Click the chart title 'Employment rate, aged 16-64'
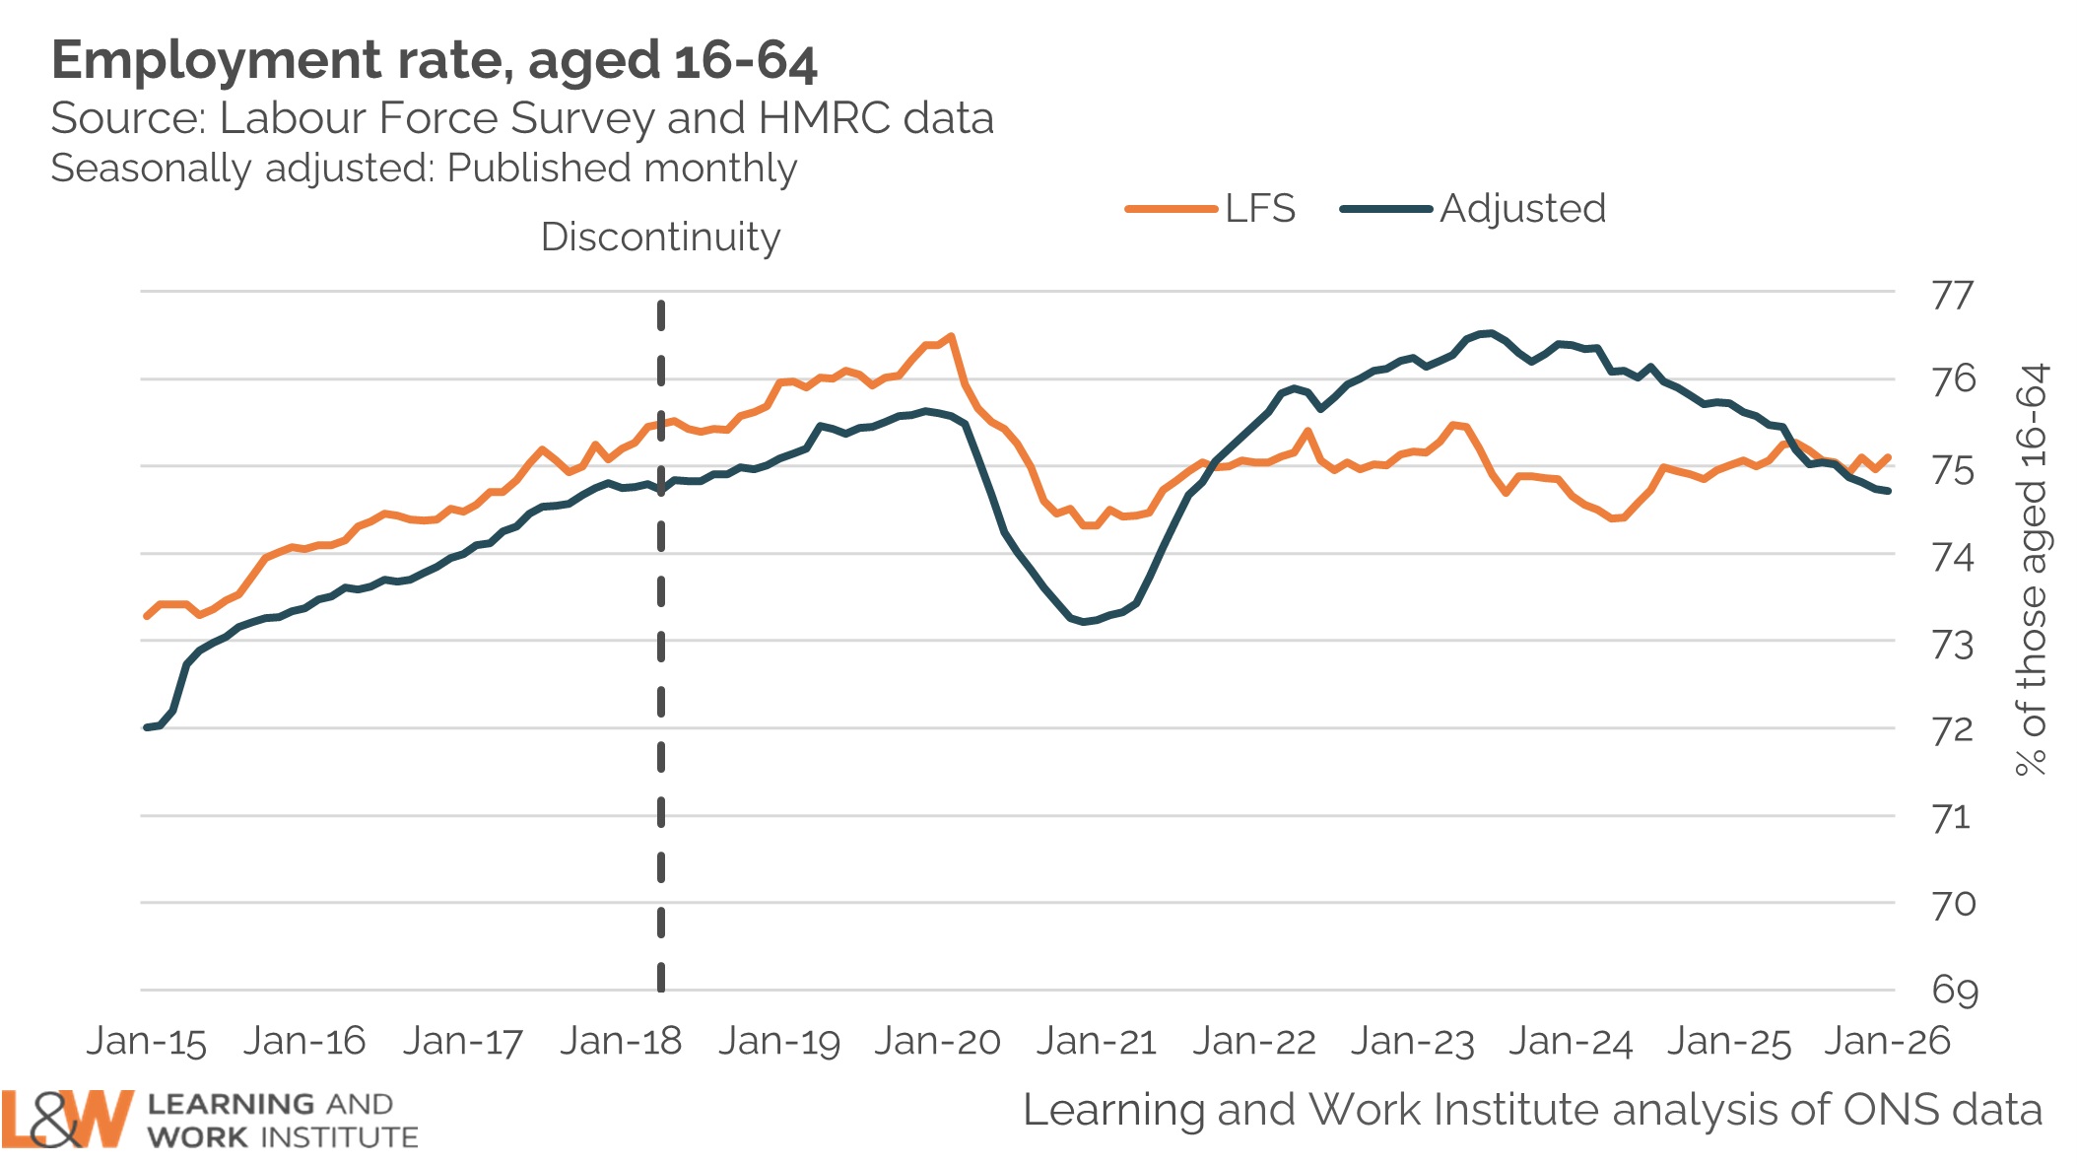point(434,61)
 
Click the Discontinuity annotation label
point(660,238)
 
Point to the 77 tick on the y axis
point(1952,295)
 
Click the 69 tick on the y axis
point(1954,990)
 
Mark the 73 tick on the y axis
point(1953,645)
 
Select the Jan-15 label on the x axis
point(147,1042)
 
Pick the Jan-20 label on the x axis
point(937,1042)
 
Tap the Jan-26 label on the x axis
point(1887,1042)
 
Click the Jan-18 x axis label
point(621,1042)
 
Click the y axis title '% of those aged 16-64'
point(2032,570)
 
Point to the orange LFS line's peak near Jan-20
point(950,337)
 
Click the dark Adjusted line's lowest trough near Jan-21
point(1084,622)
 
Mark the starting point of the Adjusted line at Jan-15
point(147,727)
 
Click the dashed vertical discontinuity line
point(660,788)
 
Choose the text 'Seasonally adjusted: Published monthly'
point(424,169)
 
